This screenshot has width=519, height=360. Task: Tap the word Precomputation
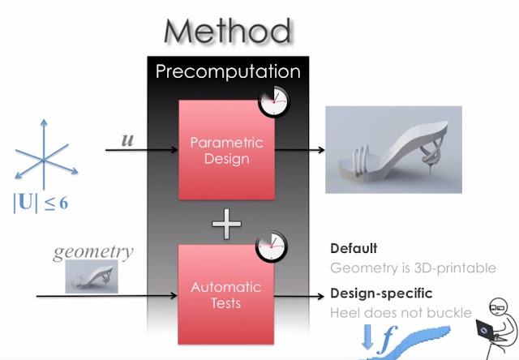(x=228, y=71)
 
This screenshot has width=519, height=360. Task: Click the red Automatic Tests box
(x=216, y=294)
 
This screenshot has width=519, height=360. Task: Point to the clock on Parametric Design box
(x=272, y=101)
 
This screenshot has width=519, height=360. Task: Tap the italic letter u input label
(x=127, y=139)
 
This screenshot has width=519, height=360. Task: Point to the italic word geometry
(x=93, y=252)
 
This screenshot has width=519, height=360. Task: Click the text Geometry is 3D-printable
(x=413, y=268)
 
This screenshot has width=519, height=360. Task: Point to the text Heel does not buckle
(x=401, y=312)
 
